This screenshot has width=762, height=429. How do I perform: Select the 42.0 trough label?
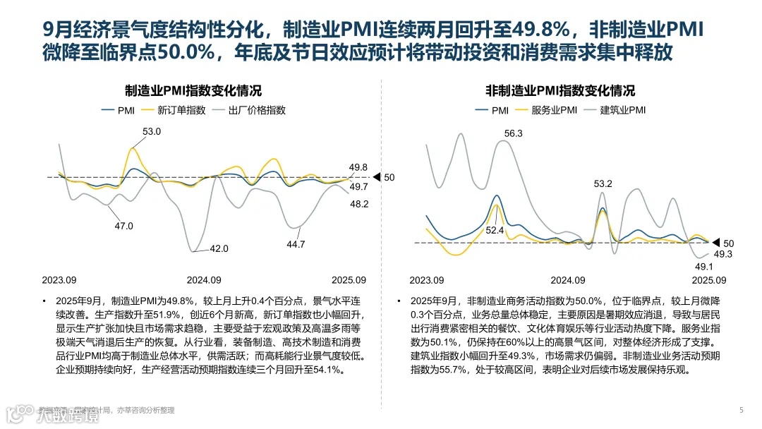[x=219, y=248]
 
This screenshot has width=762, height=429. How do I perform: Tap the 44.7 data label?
[x=296, y=244]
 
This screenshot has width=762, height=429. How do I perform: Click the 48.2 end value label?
[x=359, y=204]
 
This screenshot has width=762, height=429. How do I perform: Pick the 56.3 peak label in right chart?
[x=513, y=133]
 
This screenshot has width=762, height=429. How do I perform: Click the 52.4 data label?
[x=495, y=230]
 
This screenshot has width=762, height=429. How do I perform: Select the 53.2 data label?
[x=603, y=184]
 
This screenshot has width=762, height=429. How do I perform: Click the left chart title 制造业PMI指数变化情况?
[x=193, y=91]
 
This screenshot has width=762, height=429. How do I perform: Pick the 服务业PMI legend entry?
[x=555, y=110]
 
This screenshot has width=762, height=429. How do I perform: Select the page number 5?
[x=741, y=410]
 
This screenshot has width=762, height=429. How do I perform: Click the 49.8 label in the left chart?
[x=358, y=167]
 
